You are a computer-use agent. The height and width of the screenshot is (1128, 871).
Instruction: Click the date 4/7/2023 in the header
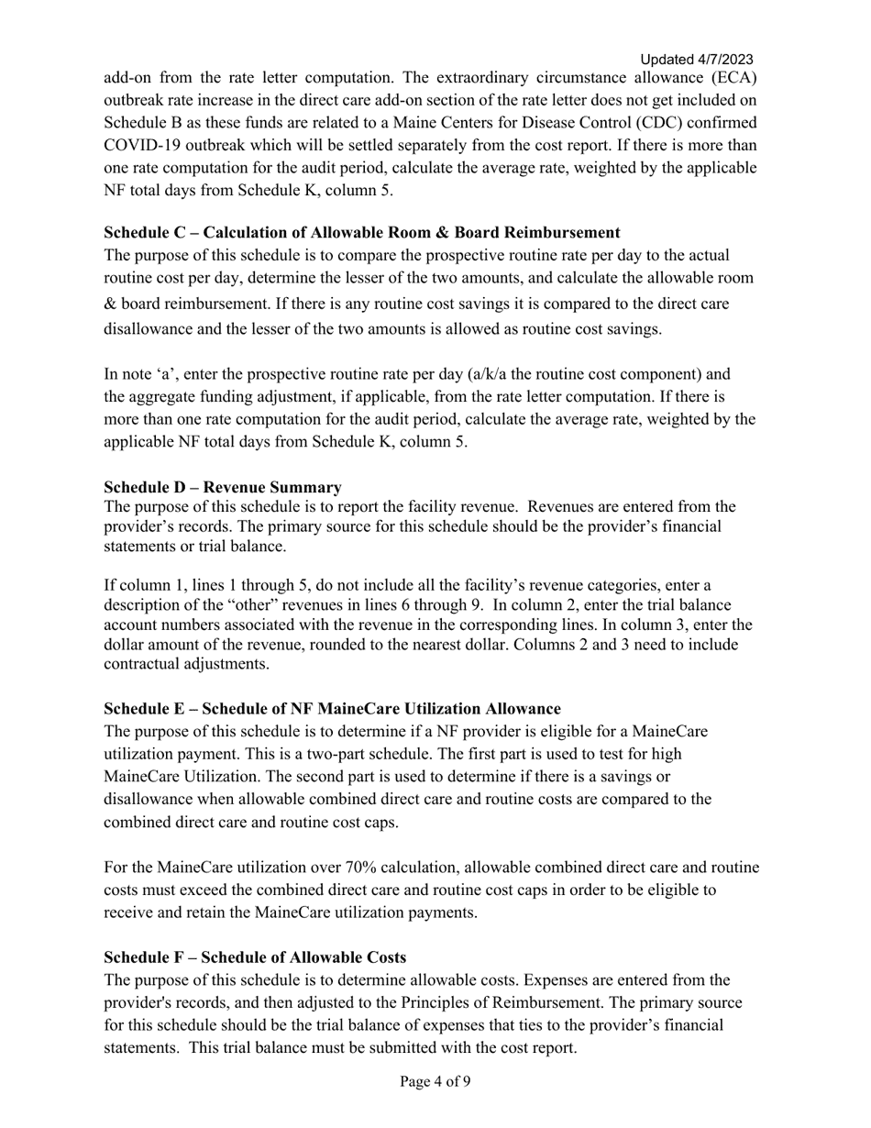pos(723,60)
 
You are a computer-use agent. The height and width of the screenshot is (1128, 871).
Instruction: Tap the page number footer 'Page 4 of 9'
pos(435,1081)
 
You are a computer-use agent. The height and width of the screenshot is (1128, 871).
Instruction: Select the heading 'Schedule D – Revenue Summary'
pos(223,487)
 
